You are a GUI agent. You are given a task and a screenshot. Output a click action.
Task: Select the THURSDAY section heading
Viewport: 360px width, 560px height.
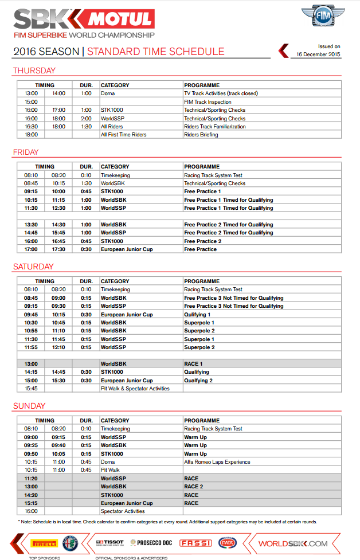34,71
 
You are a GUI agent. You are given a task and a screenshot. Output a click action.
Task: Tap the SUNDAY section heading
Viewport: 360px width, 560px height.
29,406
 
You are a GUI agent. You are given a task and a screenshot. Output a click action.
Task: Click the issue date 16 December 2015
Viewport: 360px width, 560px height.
318,54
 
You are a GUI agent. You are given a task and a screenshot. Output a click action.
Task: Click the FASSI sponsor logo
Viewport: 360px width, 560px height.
195,542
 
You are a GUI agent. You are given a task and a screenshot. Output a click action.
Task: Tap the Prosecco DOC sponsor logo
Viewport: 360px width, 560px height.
151,542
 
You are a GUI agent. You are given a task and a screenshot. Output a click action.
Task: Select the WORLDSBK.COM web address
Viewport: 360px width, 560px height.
293,543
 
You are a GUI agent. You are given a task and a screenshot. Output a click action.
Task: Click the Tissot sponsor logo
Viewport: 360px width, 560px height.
109,542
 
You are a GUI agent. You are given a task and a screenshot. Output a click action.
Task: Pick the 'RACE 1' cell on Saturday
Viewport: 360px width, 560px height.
193,364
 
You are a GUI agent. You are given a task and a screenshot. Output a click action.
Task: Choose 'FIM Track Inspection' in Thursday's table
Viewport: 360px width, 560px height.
208,101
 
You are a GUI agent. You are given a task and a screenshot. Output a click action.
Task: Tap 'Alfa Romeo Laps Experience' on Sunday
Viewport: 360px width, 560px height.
217,462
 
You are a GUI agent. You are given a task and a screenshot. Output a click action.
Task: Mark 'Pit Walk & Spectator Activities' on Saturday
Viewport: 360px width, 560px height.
135,389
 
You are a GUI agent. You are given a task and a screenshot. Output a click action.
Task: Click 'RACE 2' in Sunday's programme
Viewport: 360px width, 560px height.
193,487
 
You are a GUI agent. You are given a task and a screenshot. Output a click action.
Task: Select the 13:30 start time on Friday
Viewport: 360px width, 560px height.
31,225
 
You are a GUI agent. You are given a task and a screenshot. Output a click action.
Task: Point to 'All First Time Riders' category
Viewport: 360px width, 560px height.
123,135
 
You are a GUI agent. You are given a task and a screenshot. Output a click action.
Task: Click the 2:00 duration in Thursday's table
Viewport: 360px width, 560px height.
86,118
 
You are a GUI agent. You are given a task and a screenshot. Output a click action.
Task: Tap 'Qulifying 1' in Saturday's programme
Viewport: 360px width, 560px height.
197,315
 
